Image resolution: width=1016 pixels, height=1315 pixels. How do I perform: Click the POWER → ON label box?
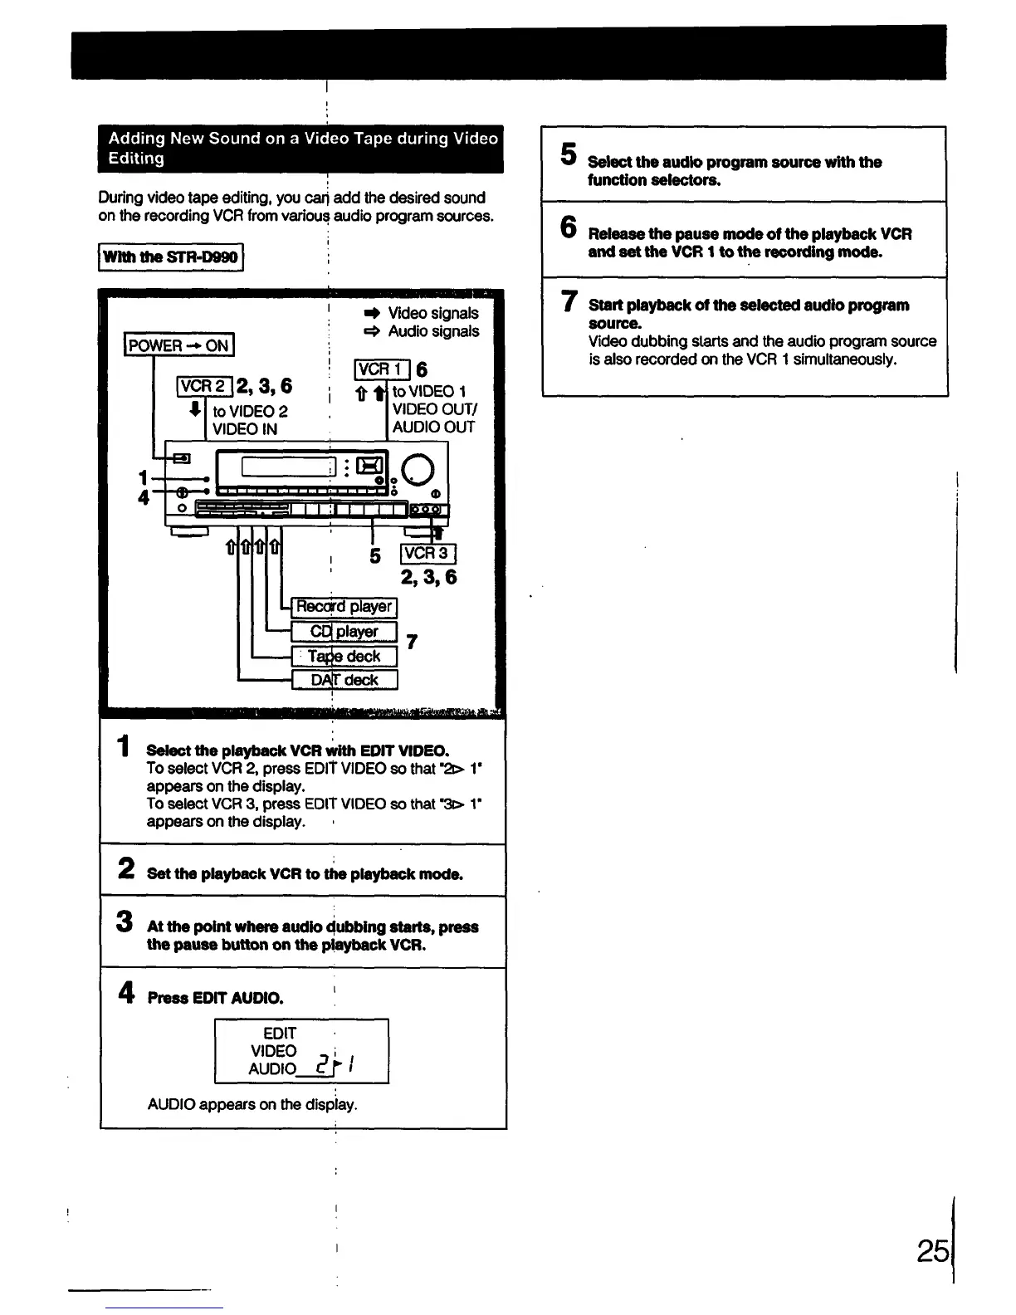[179, 345]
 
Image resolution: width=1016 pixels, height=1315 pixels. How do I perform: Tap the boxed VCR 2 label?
[204, 386]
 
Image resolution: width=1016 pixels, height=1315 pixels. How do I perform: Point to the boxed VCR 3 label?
[427, 554]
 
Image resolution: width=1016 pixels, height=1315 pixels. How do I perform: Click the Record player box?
[344, 607]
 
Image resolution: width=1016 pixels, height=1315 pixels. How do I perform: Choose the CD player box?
[344, 632]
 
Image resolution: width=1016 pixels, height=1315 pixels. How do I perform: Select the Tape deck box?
[344, 657]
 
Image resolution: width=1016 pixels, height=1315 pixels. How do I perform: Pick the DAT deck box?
[344, 680]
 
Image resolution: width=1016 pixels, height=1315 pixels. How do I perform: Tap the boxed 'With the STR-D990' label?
[170, 257]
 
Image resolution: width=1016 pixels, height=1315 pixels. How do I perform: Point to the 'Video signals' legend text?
[432, 313]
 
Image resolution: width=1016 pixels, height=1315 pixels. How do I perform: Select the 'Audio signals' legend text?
[432, 331]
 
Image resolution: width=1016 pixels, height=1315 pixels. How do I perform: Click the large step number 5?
[569, 154]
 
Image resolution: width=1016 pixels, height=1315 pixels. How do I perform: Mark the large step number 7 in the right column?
[569, 301]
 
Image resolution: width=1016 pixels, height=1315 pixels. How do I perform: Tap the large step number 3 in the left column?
[125, 921]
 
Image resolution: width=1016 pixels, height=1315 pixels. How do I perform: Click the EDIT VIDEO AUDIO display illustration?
[301, 1051]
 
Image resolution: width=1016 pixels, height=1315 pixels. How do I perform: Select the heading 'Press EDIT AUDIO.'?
[216, 998]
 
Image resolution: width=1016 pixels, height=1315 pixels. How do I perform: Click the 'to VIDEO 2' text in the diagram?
[250, 412]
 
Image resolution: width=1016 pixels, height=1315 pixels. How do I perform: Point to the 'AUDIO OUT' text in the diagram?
[433, 427]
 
